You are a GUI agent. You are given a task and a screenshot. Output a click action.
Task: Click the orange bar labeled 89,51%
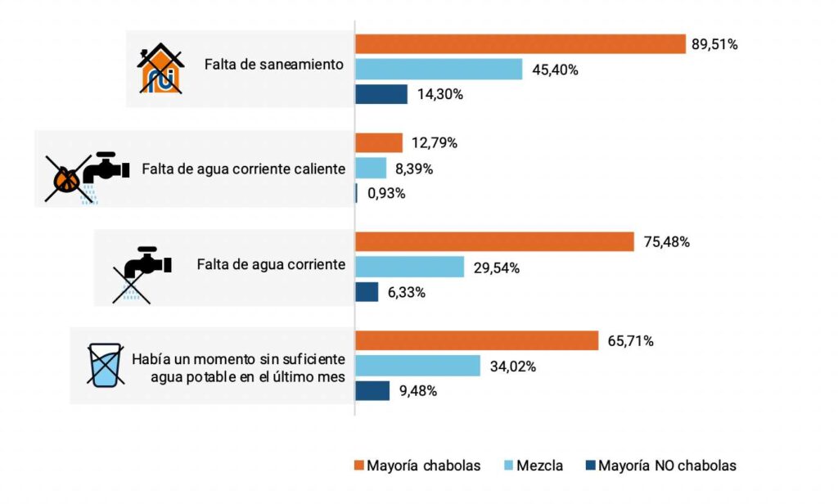pos(520,44)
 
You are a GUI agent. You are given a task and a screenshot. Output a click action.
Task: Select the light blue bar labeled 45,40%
pos(439,70)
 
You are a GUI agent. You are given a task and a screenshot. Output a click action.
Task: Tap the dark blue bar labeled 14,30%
pos(381,94)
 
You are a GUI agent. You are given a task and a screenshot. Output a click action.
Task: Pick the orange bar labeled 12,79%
pos(379,143)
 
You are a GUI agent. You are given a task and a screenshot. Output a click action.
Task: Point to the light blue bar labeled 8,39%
pos(371,169)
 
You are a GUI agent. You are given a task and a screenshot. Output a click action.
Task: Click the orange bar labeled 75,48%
pos(494,242)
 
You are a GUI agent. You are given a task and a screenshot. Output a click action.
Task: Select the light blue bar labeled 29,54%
pos(409,268)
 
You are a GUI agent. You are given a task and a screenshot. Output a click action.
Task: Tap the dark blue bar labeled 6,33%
pos(367,292)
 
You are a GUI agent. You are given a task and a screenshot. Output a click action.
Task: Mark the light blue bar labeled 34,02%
pos(417,366)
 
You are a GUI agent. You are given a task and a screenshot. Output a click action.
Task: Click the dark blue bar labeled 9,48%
pos(372,391)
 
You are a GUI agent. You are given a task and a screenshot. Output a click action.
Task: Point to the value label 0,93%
pos(386,194)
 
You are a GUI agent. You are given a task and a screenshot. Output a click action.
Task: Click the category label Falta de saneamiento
pos(274,65)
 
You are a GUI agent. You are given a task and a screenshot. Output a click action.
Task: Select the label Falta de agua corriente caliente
pos(244,169)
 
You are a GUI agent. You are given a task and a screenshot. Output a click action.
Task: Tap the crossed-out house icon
pos(160,69)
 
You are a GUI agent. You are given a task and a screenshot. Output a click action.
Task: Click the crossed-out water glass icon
pos(106,365)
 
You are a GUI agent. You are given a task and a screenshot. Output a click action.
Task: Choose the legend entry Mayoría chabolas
pos(417,466)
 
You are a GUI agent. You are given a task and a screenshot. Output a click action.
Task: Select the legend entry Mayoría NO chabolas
pos(661,466)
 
